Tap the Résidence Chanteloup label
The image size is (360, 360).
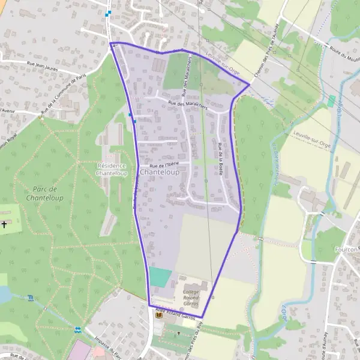click(111, 169)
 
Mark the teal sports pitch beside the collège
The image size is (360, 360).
click(160, 277)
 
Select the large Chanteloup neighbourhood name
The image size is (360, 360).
click(159, 172)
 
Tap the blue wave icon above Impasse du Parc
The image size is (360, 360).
click(77, 329)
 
